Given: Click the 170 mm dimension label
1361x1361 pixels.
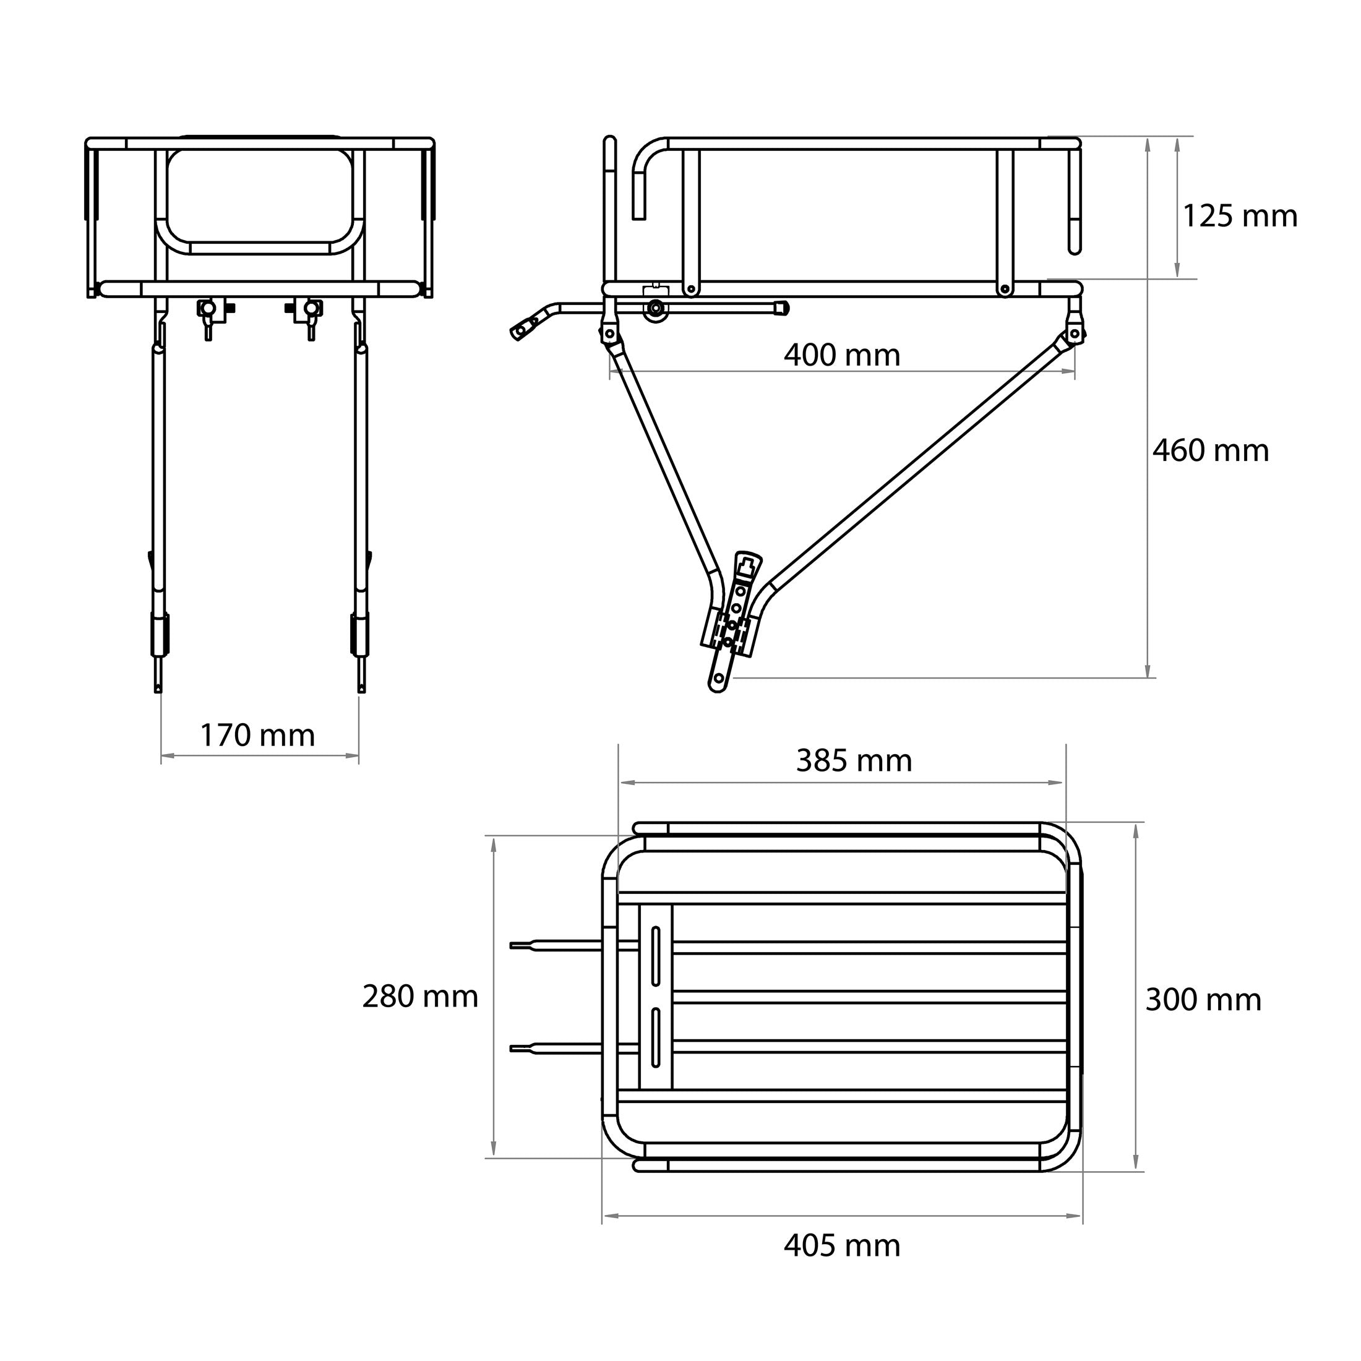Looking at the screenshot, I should point(258,736).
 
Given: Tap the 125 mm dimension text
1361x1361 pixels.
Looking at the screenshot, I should point(1239,217).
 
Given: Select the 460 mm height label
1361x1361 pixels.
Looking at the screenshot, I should point(1210,451).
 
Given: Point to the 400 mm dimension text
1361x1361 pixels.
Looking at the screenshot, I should point(842,355).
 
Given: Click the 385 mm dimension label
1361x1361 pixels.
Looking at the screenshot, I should point(854,761).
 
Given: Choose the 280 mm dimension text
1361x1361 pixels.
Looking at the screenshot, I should point(420,997).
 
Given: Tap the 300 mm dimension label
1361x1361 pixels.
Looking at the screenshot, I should point(1203,1000).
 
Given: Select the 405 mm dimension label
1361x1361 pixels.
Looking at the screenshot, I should point(842,1246).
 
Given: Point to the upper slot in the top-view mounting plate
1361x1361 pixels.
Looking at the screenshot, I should point(656,955).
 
